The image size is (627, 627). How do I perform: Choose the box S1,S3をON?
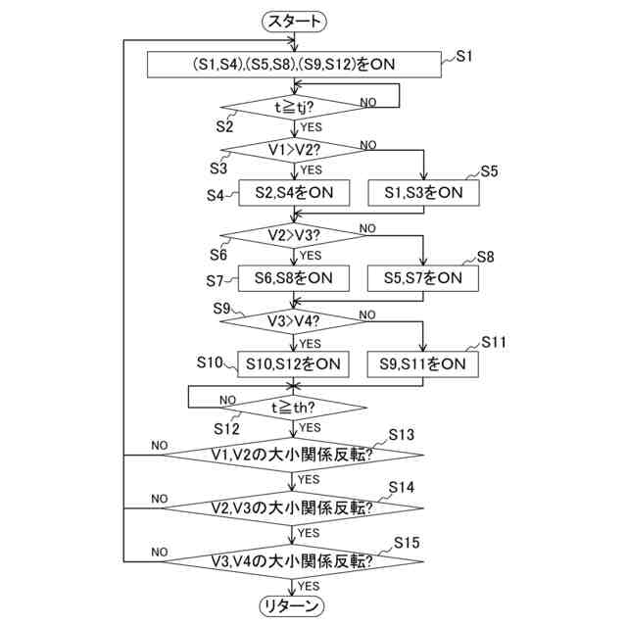click(423, 193)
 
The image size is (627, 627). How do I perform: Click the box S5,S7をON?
click(423, 278)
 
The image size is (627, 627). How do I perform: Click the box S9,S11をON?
click(423, 363)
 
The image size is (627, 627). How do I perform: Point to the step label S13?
click(402, 434)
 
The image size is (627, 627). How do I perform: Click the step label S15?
click(407, 542)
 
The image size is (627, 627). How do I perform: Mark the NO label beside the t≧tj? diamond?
click(369, 102)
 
